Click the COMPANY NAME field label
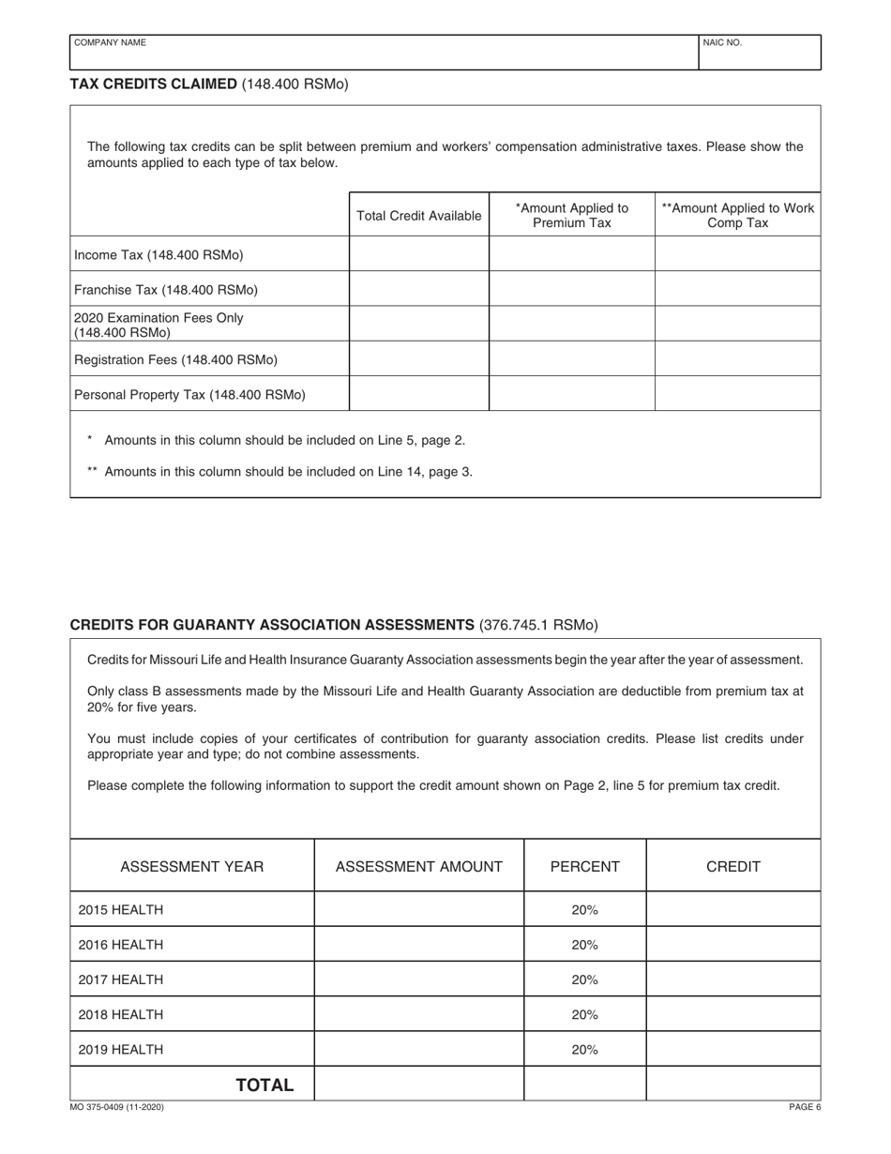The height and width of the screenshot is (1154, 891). tap(110, 42)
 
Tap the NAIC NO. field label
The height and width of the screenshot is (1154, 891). tap(722, 42)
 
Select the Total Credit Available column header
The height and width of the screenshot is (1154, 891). tap(419, 216)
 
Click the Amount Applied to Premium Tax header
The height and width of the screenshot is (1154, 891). tap(572, 215)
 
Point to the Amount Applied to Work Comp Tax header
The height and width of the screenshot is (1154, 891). tap(737, 215)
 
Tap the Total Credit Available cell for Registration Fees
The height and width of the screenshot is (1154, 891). tap(419, 359)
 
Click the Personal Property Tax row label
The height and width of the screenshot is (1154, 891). tap(189, 394)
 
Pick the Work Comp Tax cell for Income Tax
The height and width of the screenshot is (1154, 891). tap(737, 254)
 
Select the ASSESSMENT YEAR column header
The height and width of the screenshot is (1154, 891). tap(192, 867)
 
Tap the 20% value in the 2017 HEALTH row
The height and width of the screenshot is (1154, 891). tap(584, 979)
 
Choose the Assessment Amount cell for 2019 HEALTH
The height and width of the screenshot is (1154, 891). tap(418, 1050)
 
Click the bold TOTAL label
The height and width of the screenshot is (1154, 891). tap(264, 1086)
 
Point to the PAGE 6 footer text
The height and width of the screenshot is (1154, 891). tap(804, 1108)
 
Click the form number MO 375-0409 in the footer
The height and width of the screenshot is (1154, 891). tap(117, 1108)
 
